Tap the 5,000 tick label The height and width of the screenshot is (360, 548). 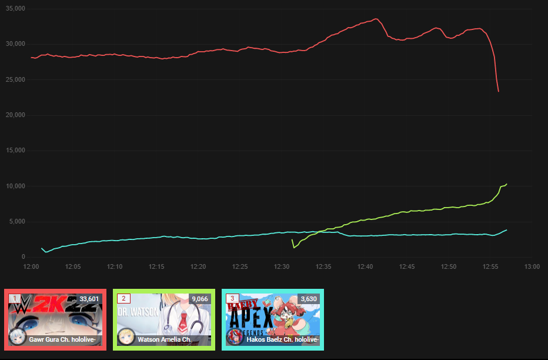(x=17, y=222)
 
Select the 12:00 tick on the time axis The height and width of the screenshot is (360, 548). (x=31, y=267)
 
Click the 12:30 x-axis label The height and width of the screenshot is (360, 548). (x=282, y=267)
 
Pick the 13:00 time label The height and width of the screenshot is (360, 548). (x=532, y=267)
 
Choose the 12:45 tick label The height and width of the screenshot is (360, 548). (x=407, y=267)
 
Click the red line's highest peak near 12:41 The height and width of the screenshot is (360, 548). (x=376, y=19)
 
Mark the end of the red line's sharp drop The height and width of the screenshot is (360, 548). (x=499, y=92)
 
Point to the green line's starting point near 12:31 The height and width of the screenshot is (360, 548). (x=292, y=239)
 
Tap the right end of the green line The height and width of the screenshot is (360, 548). (x=506, y=184)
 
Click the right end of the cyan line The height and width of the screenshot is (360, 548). (x=506, y=230)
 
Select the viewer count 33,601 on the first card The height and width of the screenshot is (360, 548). (x=89, y=299)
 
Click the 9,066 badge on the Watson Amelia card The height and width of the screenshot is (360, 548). (x=198, y=299)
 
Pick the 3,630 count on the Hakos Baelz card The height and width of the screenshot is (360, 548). (x=308, y=299)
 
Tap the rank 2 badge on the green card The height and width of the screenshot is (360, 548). (x=123, y=299)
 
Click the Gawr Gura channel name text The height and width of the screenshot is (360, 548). (x=62, y=340)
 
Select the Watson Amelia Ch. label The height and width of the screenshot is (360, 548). (x=164, y=340)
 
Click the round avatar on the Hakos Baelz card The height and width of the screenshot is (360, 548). (x=235, y=337)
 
